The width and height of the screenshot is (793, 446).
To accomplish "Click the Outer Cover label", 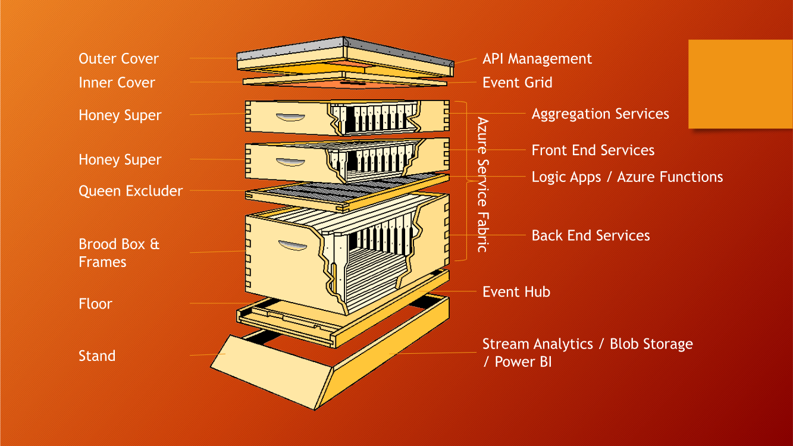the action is coord(118,58).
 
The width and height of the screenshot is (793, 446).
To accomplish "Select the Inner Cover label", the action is coord(117,83).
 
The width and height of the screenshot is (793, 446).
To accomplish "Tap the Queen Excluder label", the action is coord(131,191).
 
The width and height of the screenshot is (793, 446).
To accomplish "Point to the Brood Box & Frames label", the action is coord(119,253).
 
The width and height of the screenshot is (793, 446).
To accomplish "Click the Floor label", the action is coord(95,304).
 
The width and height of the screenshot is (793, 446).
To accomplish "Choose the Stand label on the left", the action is coord(97,356).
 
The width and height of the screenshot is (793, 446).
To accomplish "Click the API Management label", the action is coord(537,59).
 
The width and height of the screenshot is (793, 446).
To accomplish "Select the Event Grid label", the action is coord(517,83).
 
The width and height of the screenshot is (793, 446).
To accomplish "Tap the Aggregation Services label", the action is coord(600,114).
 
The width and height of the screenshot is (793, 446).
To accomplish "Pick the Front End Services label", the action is coord(593,150).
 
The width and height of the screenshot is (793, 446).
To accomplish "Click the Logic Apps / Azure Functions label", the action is coord(627,177).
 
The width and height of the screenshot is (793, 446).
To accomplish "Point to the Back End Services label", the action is coord(591,235).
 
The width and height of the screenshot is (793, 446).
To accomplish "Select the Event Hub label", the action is coord(516,292).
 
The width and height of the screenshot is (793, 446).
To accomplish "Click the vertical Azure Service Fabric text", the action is coord(483,184).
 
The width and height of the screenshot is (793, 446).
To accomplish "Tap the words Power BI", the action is coord(524,362).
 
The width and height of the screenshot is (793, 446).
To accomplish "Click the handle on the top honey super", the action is coord(290,117).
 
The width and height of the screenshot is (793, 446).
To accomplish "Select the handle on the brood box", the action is coord(293,245).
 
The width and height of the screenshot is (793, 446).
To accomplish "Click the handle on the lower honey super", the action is coord(290,162).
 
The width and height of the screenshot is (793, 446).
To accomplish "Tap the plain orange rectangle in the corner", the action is coord(741,84).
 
